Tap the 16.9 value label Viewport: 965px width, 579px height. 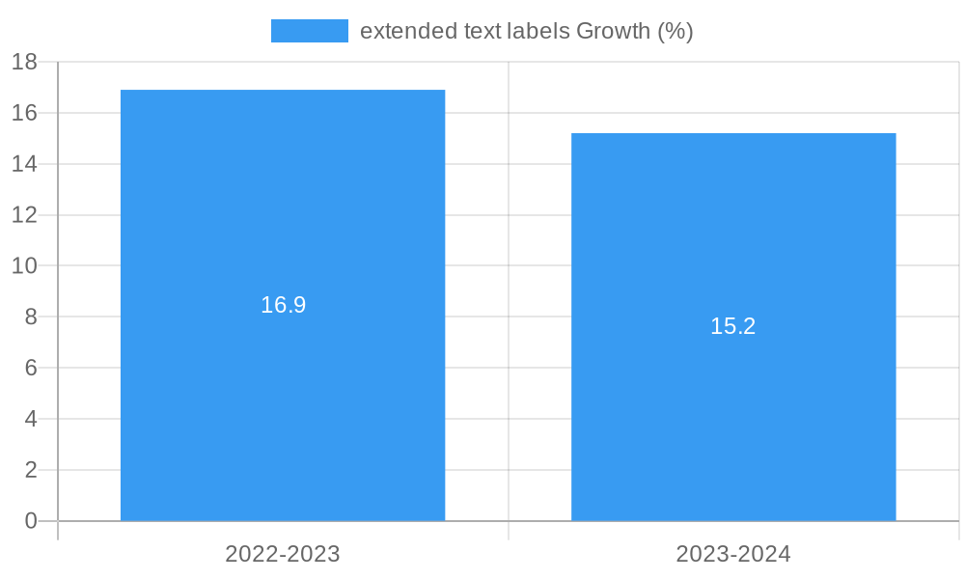pyautogui.click(x=283, y=305)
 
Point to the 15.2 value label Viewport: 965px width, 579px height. pyautogui.click(x=733, y=326)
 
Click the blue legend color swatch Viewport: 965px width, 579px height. pyautogui.click(x=309, y=31)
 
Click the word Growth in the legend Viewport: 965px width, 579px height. pyautogui.click(x=613, y=31)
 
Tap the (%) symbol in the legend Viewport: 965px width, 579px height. pyautogui.click(x=675, y=31)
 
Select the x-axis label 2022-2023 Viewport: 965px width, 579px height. pyautogui.click(x=283, y=554)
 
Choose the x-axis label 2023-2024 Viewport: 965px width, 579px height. pyautogui.click(x=733, y=554)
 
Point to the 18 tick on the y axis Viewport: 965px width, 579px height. pyautogui.click(x=24, y=62)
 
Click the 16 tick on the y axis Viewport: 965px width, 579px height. pyautogui.click(x=24, y=113)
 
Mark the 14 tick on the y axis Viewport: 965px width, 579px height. pyautogui.click(x=24, y=164)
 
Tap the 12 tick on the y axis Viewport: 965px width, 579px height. pyautogui.click(x=24, y=215)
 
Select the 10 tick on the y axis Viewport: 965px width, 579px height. pyautogui.click(x=24, y=265)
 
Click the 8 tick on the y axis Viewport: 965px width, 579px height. pyautogui.click(x=30, y=317)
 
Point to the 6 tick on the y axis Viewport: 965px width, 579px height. pyautogui.click(x=30, y=368)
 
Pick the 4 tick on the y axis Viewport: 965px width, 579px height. pyautogui.click(x=30, y=419)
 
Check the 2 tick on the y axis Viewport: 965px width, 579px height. pyautogui.click(x=30, y=470)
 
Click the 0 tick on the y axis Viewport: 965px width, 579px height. pyautogui.click(x=30, y=521)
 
